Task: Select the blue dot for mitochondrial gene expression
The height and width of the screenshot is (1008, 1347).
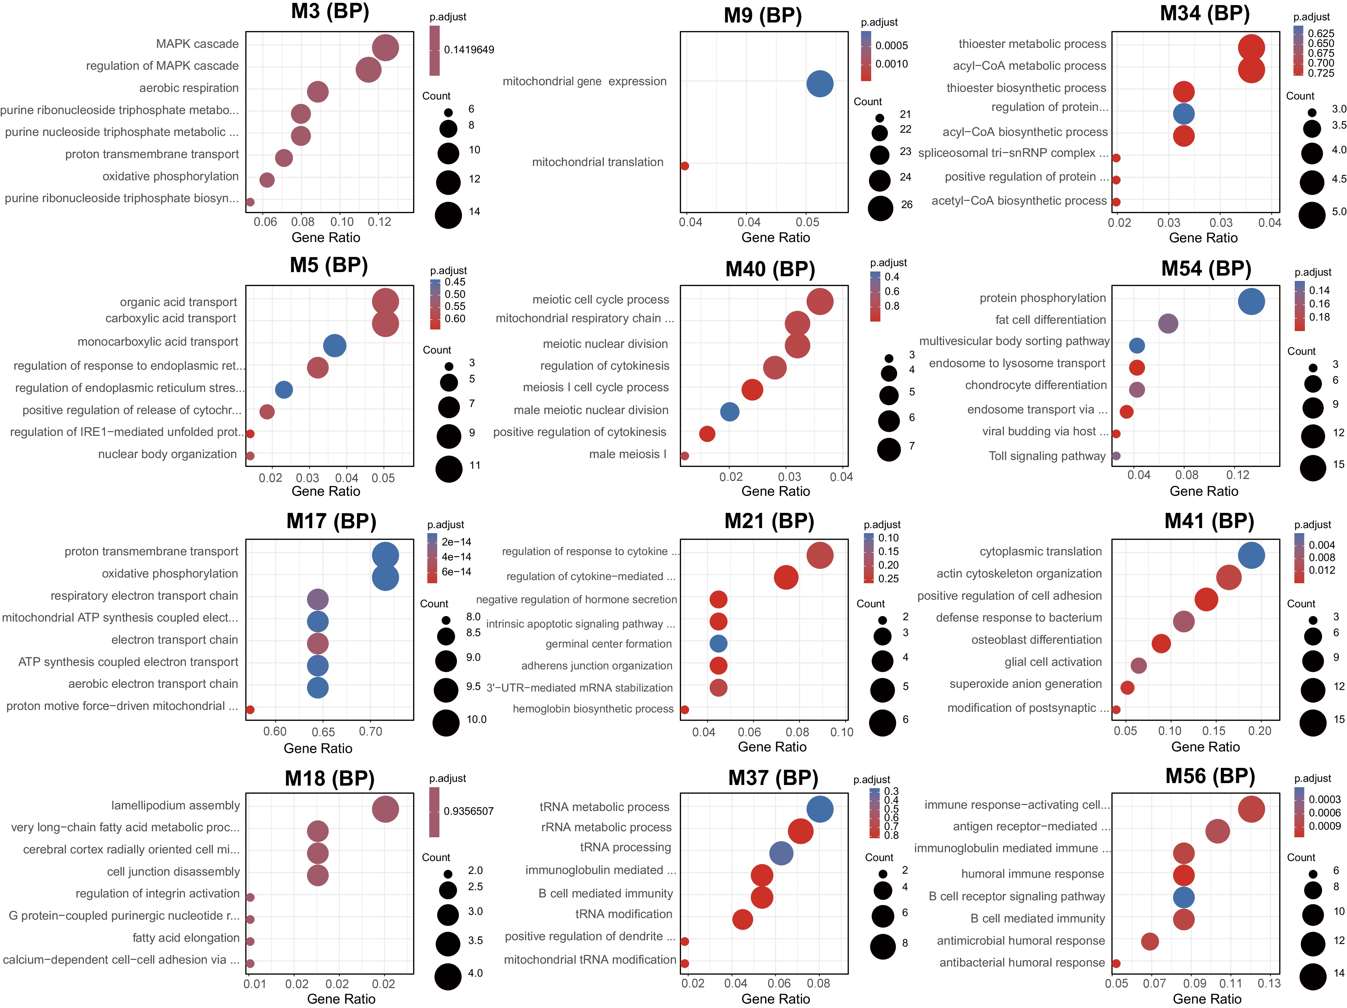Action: pos(820,83)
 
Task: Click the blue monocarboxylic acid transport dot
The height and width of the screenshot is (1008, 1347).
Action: pos(334,345)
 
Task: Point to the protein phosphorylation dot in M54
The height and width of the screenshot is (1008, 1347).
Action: pos(1251,302)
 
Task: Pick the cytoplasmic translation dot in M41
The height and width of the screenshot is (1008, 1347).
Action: pos(1251,555)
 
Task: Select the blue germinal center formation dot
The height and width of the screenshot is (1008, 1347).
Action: pos(718,644)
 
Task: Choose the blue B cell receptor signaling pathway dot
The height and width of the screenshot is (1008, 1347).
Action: pos(1183,897)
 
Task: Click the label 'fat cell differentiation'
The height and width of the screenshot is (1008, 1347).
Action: pos(1050,320)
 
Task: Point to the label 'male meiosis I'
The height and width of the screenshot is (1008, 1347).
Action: pos(628,454)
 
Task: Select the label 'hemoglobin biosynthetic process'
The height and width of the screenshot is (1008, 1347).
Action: pos(593,709)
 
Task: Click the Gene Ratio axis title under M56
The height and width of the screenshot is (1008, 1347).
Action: pos(1207,999)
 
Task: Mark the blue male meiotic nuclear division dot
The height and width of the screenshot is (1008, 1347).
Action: pos(730,412)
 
